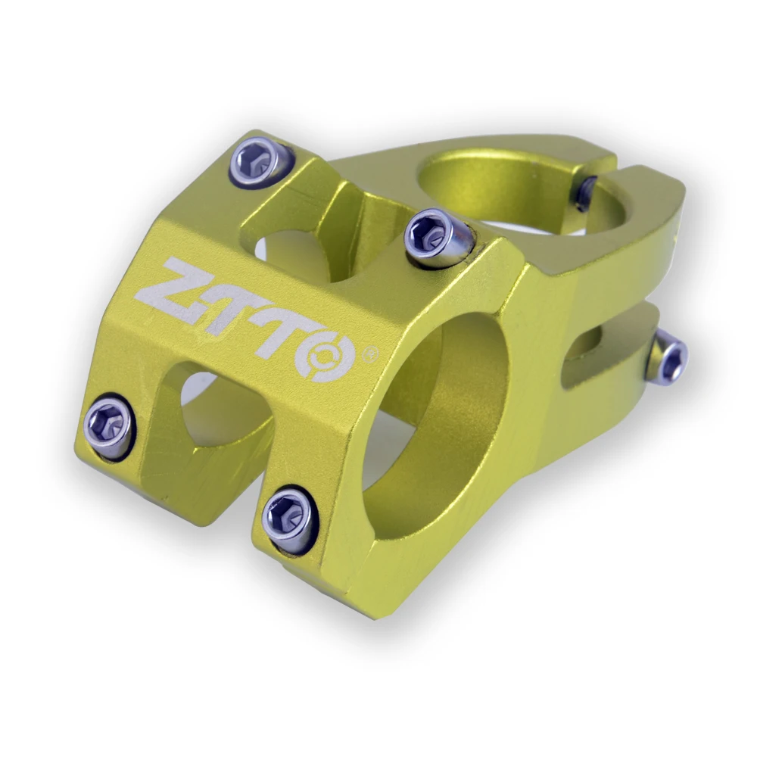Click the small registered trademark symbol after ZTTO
coord(371,354)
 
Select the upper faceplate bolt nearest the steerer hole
coord(438,236)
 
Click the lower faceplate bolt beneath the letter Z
coord(108,425)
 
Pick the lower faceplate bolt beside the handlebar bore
coord(289,519)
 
